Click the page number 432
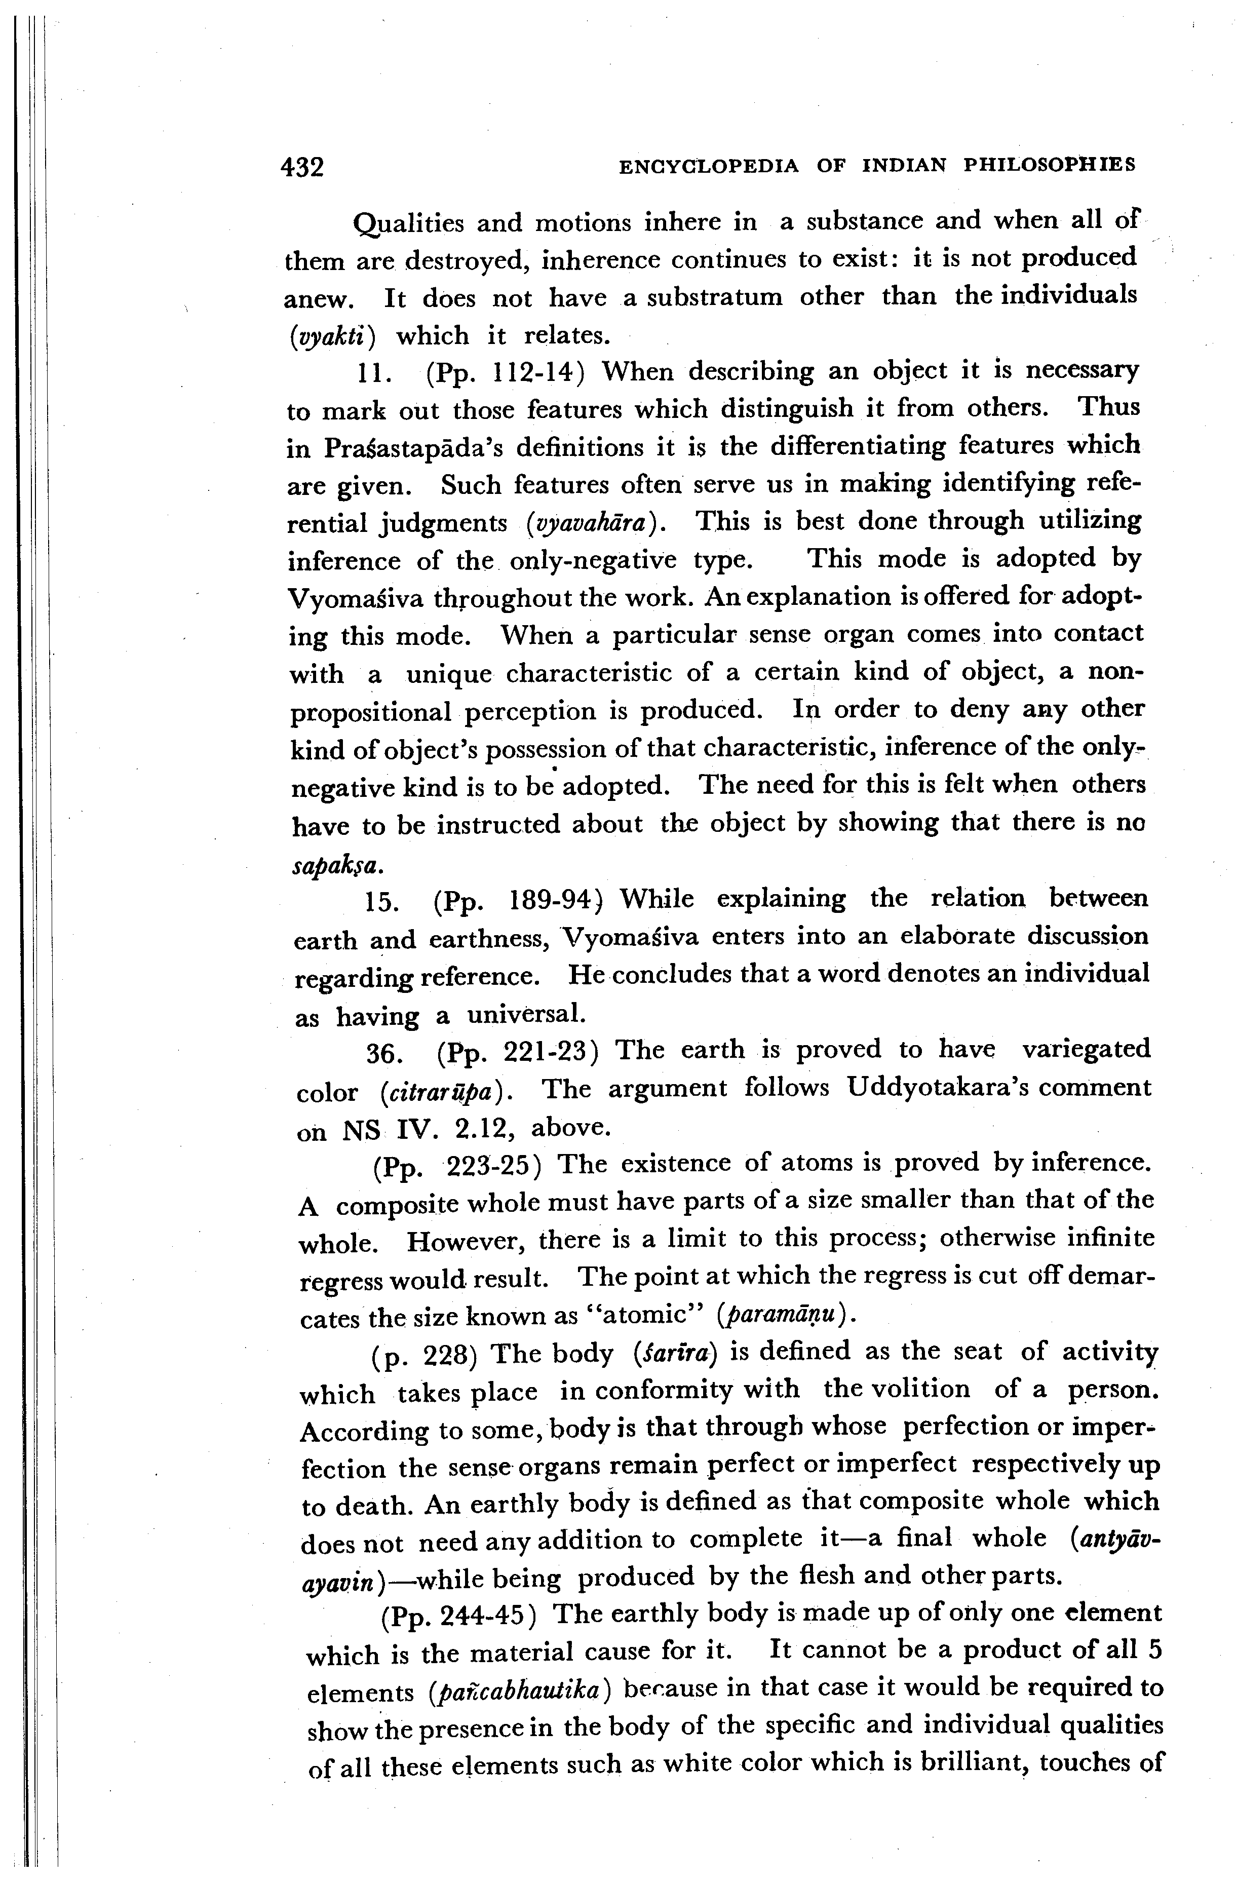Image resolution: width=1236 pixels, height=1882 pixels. click(303, 167)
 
